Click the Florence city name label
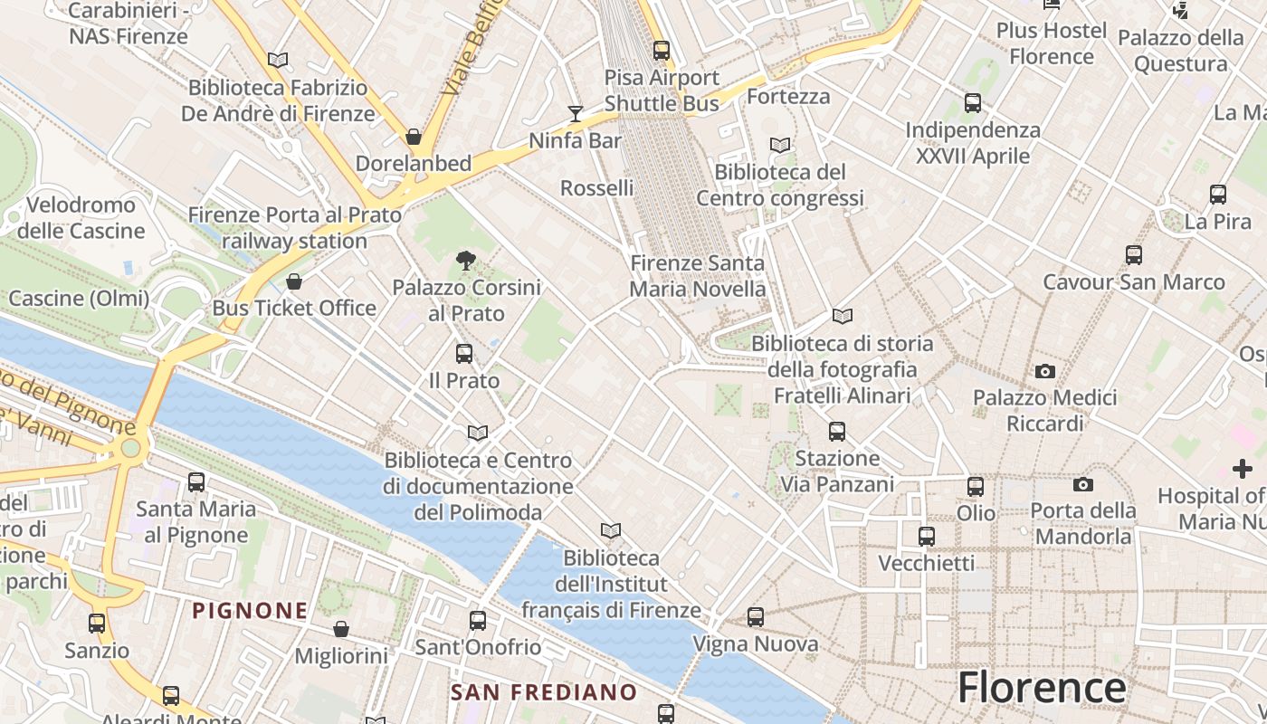(x=1042, y=687)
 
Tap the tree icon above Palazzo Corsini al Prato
(x=466, y=261)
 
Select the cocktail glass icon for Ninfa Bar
(x=576, y=113)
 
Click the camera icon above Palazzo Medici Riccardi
(x=1045, y=371)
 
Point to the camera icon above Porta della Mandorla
(x=1083, y=484)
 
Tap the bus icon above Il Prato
(x=464, y=353)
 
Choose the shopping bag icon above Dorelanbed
(x=414, y=137)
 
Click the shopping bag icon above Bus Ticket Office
(x=293, y=281)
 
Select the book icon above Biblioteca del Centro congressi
(x=779, y=145)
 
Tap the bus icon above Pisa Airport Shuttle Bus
(x=662, y=51)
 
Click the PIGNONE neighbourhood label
(x=250, y=610)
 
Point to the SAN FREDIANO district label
(x=544, y=692)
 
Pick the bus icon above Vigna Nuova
(x=756, y=617)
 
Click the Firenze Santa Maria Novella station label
(x=698, y=276)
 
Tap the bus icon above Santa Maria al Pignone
(x=196, y=482)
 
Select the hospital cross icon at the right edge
(x=1243, y=469)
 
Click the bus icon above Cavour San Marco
(x=1134, y=255)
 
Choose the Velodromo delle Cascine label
(x=81, y=218)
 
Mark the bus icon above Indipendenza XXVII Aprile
(x=973, y=103)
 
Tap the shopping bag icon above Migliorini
(x=341, y=629)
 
